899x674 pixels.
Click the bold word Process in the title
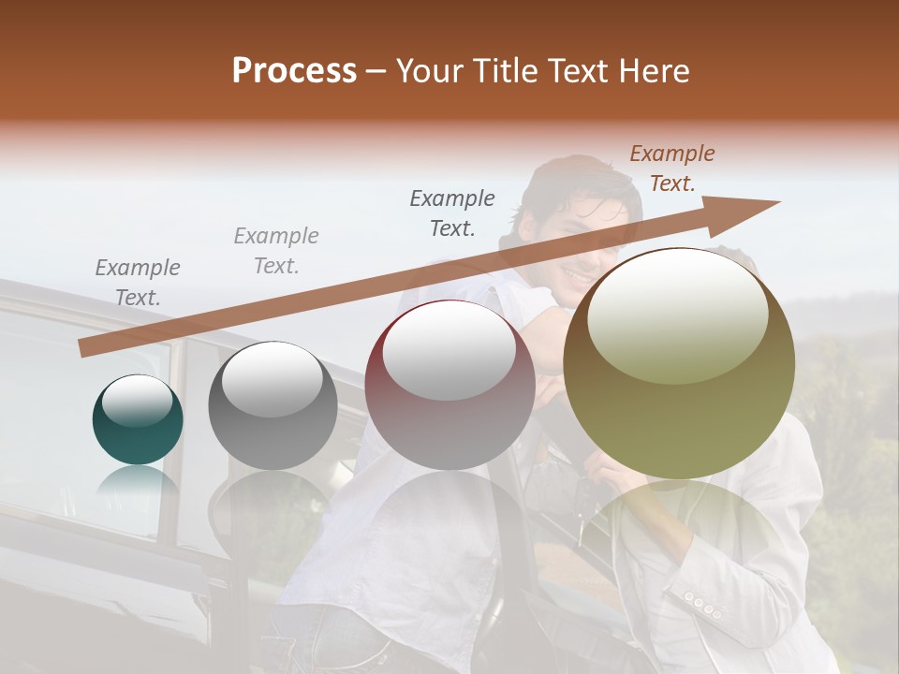pyautogui.click(x=294, y=71)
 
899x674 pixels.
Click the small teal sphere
pyautogui.click(x=138, y=421)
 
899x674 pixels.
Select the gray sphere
pyautogui.click(x=273, y=406)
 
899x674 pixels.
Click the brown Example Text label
pyautogui.click(x=672, y=168)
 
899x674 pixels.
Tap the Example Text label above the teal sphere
pyautogui.click(x=138, y=283)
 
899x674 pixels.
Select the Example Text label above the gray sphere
pyautogui.click(x=276, y=251)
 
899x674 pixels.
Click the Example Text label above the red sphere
pyautogui.click(x=452, y=212)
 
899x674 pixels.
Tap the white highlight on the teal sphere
pyautogui.click(x=137, y=401)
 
